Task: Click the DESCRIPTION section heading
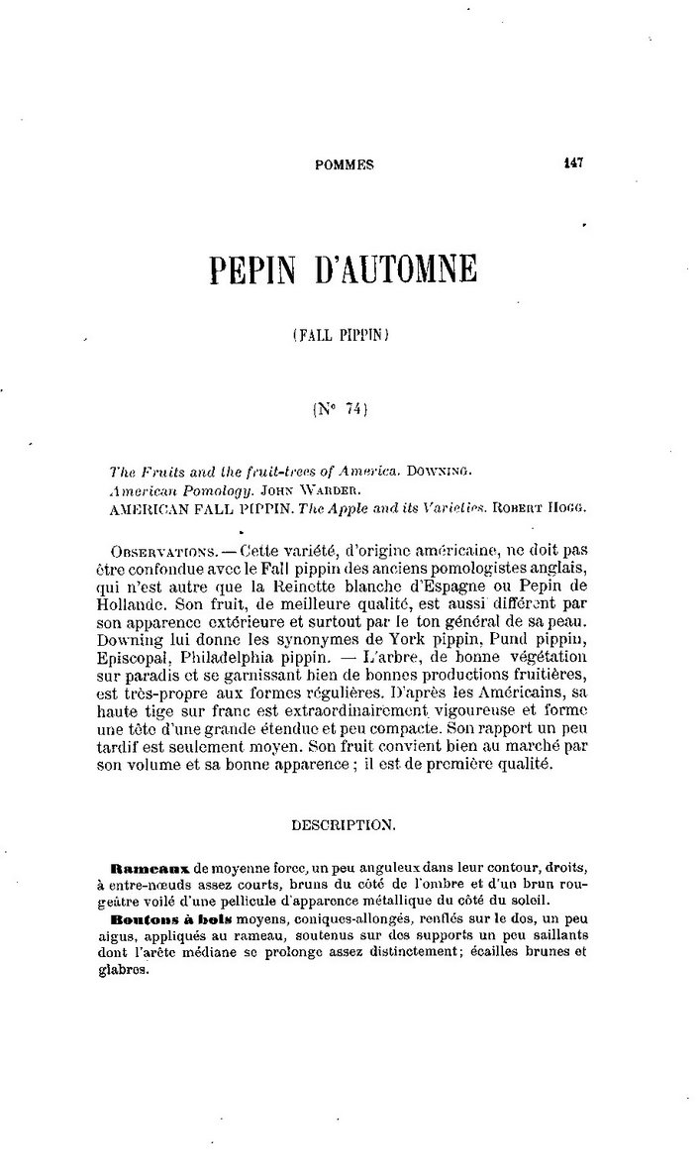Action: (346, 823)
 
